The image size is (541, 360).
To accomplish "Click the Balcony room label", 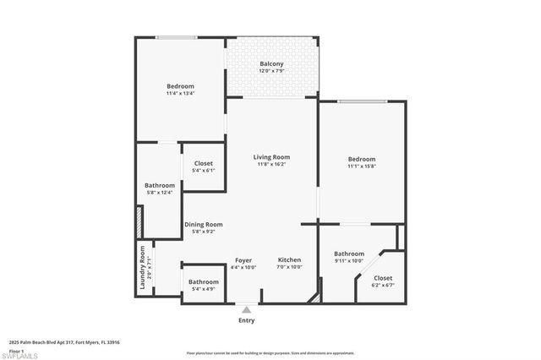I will pyautogui.click(x=271, y=64).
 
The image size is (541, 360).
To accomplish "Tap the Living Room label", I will pyautogui.click(x=272, y=157).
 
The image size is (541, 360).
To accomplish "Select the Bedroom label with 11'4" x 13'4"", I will pyautogui.click(x=180, y=86).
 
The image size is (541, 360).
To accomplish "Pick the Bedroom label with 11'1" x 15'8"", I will pyautogui.click(x=361, y=159).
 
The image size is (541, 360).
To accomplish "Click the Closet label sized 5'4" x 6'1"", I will pyautogui.click(x=204, y=163).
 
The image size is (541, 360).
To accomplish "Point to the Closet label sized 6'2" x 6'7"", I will pyautogui.click(x=383, y=278).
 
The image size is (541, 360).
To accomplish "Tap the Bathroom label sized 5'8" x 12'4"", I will pyautogui.click(x=159, y=185).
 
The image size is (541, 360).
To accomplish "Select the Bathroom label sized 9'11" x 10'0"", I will pyautogui.click(x=348, y=254).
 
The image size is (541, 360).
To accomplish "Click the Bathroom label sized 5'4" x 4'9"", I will pyautogui.click(x=203, y=282).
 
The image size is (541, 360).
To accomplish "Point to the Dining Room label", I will pyautogui.click(x=203, y=224).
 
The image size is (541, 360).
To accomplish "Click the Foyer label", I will pyautogui.click(x=243, y=260).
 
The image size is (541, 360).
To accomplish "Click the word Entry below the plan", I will pyautogui.click(x=247, y=320).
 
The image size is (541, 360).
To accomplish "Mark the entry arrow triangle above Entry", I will pyautogui.click(x=247, y=310).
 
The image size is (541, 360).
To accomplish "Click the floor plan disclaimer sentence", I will pyautogui.click(x=270, y=352).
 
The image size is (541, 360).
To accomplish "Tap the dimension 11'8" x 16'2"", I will pyautogui.click(x=272, y=164).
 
